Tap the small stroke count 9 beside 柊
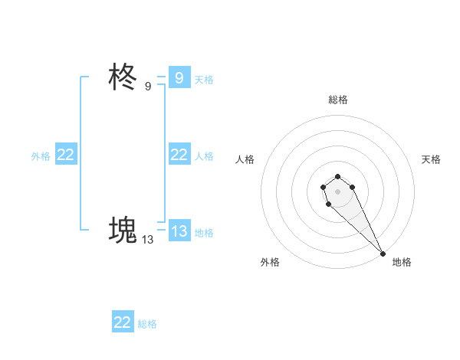click(x=148, y=87)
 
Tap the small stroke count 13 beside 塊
click(x=147, y=239)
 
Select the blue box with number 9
click(x=179, y=78)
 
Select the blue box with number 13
click(x=179, y=231)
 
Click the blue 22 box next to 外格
click(x=66, y=155)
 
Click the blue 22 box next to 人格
click(x=179, y=155)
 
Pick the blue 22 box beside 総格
click(x=123, y=322)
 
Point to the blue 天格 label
click(x=204, y=79)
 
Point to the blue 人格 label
click(x=204, y=155)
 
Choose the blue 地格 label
click(x=204, y=232)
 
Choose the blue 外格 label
click(x=41, y=155)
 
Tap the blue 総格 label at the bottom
click(x=147, y=323)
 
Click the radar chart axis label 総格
click(x=338, y=100)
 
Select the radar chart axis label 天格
click(x=431, y=159)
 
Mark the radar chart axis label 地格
click(x=402, y=262)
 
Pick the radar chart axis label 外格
click(x=270, y=262)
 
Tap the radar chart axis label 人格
click(x=245, y=159)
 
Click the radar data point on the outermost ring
click(x=383, y=253)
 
